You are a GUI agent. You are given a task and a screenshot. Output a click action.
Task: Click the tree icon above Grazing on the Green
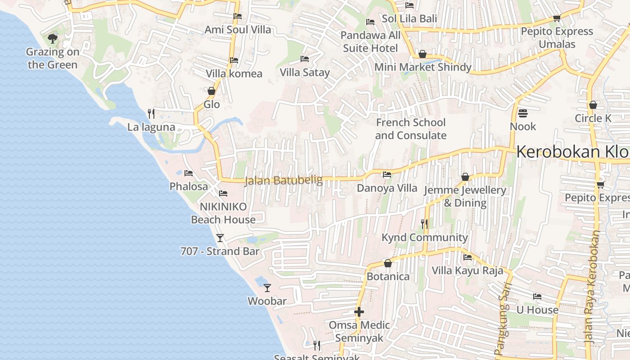(x=53, y=38)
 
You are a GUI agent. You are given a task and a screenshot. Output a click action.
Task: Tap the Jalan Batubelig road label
(x=283, y=180)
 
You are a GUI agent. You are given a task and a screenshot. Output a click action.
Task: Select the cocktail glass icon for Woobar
(x=267, y=288)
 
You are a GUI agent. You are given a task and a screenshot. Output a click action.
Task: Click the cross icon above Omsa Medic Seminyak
(x=359, y=311)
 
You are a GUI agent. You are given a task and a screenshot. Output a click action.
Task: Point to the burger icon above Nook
(x=522, y=113)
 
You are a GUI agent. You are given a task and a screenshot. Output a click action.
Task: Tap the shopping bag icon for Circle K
(x=593, y=105)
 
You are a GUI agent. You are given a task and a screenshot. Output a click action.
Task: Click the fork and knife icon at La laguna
(x=151, y=113)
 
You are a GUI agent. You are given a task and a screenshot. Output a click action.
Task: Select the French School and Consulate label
(x=410, y=129)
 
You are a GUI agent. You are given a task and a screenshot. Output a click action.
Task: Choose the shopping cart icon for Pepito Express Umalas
(x=557, y=18)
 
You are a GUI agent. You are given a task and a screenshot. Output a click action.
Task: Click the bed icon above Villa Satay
(x=305, y=59)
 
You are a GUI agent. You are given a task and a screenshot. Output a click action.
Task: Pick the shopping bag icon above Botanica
(x=387, y=263)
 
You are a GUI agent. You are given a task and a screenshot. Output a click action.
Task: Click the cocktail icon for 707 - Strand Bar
(x=220, y=238)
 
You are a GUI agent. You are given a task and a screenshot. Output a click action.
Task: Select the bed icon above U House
(x=537, y=297)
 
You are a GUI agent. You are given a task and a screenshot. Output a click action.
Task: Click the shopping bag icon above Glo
(x=211, y=91)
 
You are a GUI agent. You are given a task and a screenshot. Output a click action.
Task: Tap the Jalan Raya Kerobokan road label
(x=593, y=288)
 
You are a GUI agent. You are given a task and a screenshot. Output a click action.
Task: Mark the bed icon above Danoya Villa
(x=387, y=175)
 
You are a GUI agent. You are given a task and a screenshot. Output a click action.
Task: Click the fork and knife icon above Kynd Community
(x=424, y=224)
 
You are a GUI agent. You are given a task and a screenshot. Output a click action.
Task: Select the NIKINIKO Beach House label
(x=223, y=213)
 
